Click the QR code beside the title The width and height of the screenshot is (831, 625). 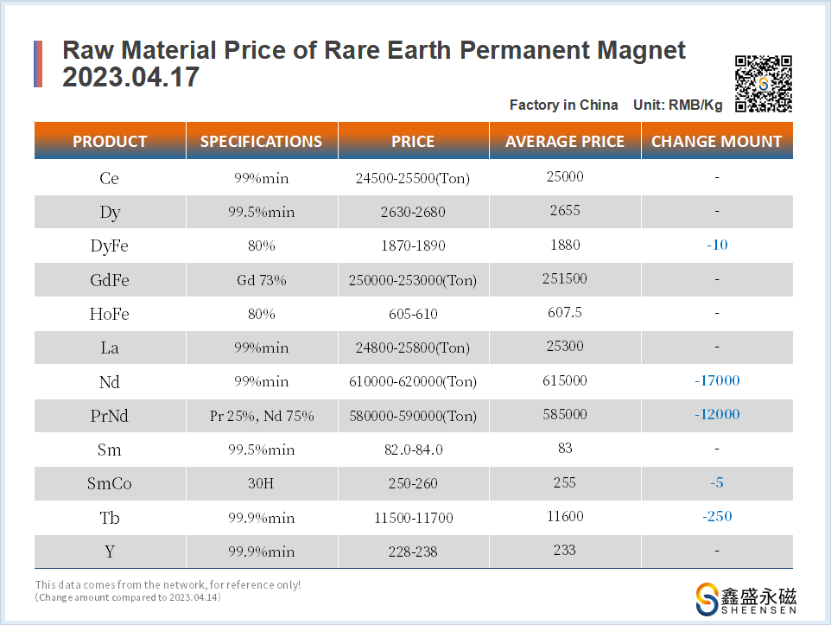click(x=764, y=84)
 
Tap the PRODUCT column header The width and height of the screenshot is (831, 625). click(x=110, y=142)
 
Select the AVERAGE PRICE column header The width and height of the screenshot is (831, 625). click(x=565, y=142)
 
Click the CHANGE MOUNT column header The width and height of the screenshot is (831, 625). click(x=716, y=142)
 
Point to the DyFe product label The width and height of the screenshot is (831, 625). click(x=110, y=246)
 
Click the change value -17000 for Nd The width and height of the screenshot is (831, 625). click(x=717, y=380)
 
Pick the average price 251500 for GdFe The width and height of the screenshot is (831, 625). click(x=566, y=278)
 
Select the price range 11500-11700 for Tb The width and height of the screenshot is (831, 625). click(x=413, y=518)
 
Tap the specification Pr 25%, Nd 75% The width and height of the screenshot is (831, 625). click(x=262, y=416)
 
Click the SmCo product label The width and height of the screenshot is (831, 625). click(x=110, y=484)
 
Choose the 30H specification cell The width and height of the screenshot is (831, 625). click(x=262, y=484)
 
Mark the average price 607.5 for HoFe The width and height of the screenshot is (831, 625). click(x=566, y=312)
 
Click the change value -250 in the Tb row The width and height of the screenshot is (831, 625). click(x=717, y=516)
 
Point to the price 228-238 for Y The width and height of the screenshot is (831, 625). click(x=413, y=552)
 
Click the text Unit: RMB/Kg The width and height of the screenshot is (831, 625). click(x=678, y=105)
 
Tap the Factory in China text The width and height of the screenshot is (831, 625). click(x=564, y=105)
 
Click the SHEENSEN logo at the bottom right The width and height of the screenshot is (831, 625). click(x=746, y=599)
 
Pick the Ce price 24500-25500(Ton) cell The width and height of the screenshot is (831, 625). click(x=413, y=179)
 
